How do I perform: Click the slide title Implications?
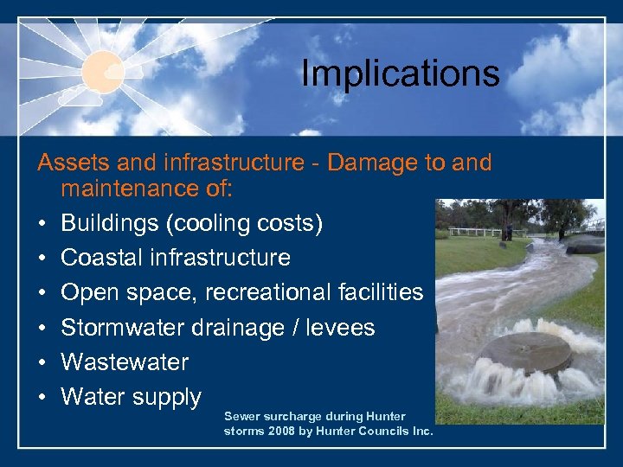point(400,74)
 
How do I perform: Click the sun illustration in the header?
point(104,69)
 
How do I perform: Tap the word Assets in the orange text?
point(67,163)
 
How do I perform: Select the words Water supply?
point(131,397)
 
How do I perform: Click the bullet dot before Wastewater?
point(41,362)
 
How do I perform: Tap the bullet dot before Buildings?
point(41,224)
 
